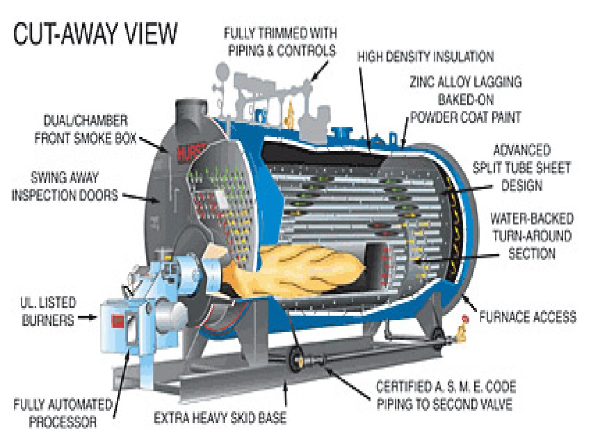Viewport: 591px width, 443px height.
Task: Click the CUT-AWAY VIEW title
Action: (95, 33)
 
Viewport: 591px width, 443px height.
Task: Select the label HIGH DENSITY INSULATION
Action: (425, 57)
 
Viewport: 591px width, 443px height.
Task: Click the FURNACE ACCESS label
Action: (527, 317)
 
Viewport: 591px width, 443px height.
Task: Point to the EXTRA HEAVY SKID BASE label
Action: (220, 418)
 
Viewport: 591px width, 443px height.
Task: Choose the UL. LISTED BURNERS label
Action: (48, 311)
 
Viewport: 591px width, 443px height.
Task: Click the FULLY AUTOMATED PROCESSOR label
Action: (63, 413)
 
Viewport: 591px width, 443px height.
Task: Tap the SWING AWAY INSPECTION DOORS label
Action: (65, 186)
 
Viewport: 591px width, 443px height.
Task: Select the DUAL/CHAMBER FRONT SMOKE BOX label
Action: (85, 130)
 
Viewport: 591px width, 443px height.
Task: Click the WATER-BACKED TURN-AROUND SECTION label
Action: (531, 236)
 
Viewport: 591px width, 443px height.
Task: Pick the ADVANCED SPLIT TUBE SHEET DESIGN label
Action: (522, 168)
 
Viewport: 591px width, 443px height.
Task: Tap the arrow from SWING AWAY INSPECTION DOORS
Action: (138, 197)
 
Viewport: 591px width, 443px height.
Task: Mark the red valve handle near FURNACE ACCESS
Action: (465, 318)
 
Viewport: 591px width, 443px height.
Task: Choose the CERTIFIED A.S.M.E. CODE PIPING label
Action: (445, 395)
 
